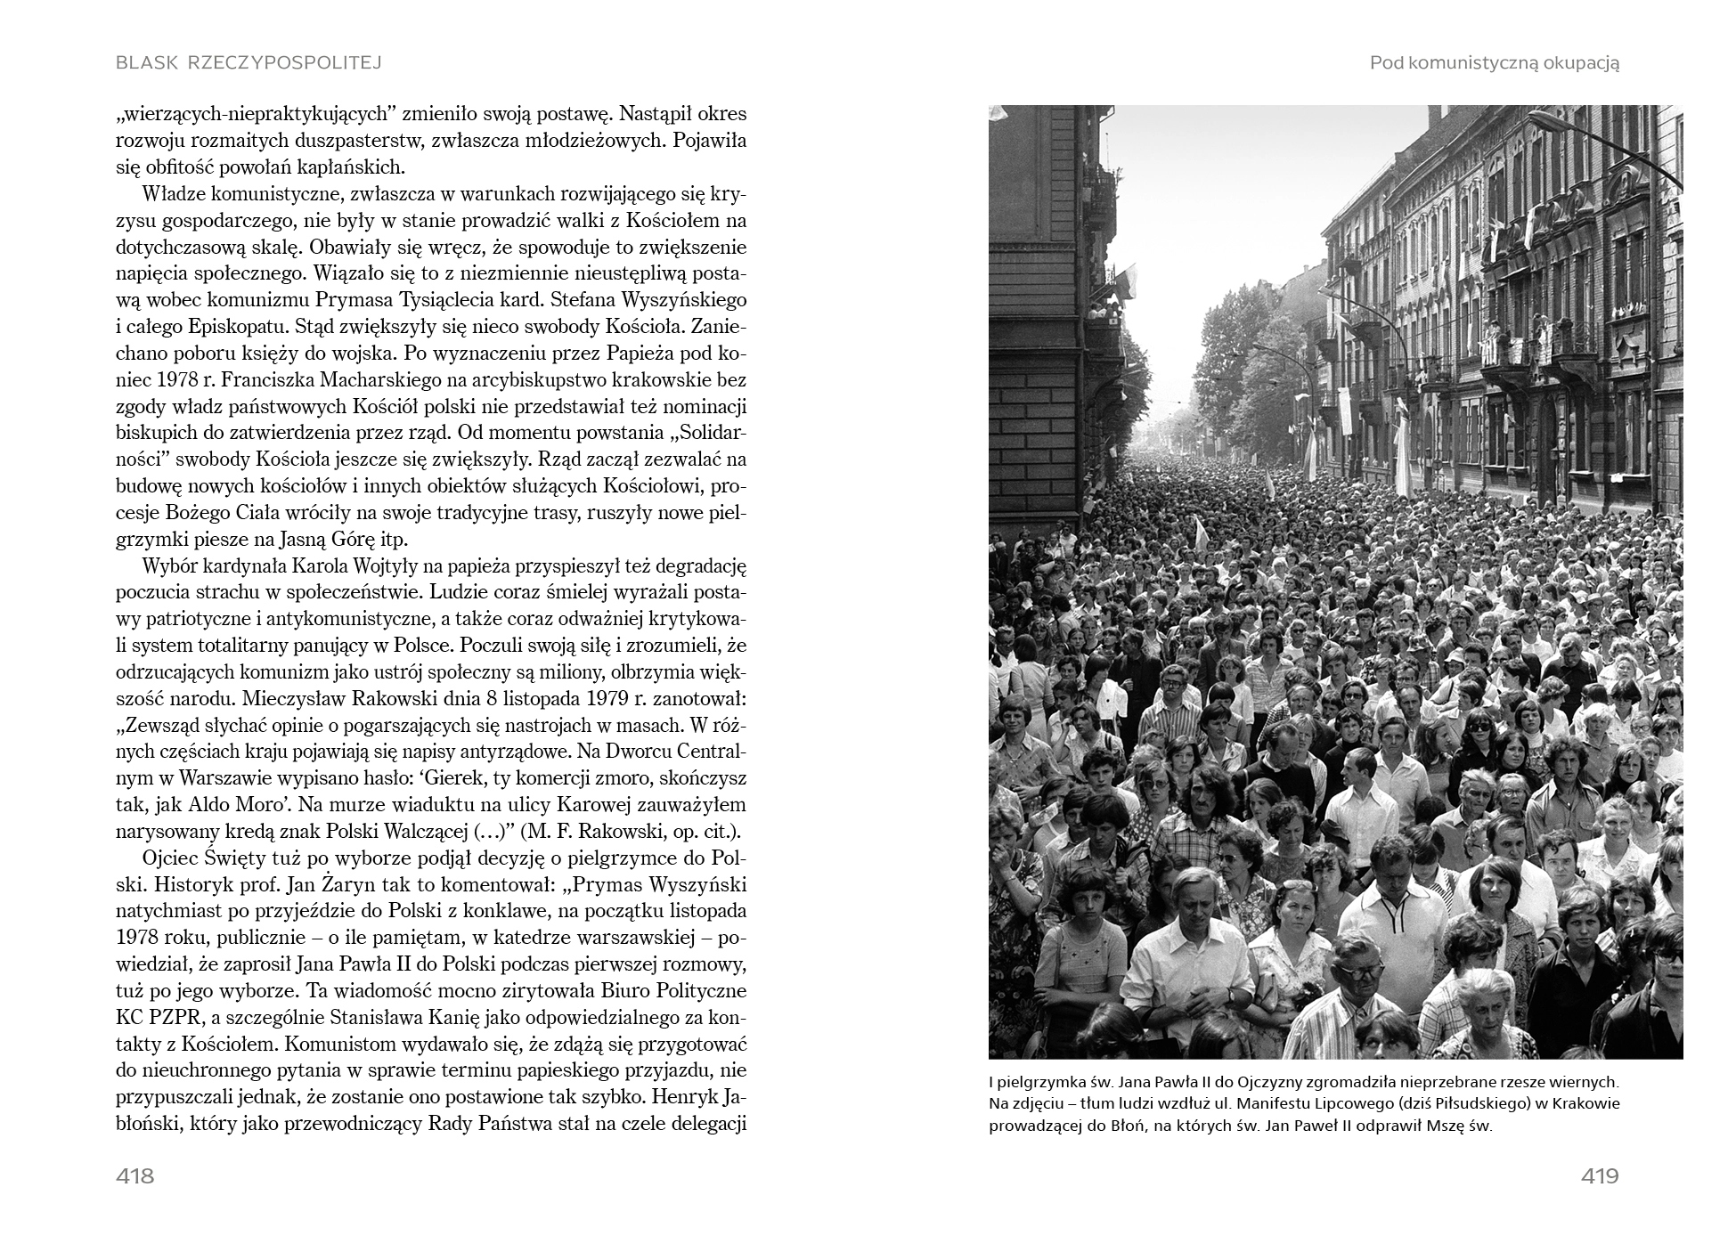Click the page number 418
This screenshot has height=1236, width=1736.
point(134,1175)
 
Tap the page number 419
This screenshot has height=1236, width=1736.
point(1599,1175)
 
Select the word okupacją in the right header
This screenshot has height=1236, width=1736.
point(1575,62)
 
